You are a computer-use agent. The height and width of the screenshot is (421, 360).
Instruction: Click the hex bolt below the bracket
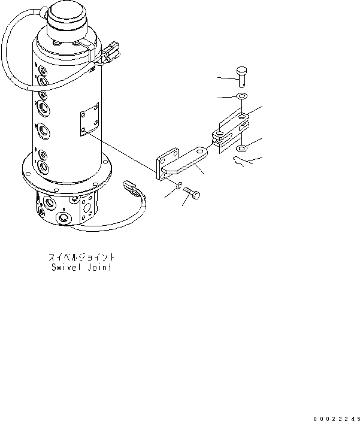pos(193,193)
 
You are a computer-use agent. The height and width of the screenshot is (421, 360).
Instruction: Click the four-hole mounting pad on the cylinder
pos(88,122)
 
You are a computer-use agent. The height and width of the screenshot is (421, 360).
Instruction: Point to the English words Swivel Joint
pos(81,268)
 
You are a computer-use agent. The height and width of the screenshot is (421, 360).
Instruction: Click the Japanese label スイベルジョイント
pos(81,258)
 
